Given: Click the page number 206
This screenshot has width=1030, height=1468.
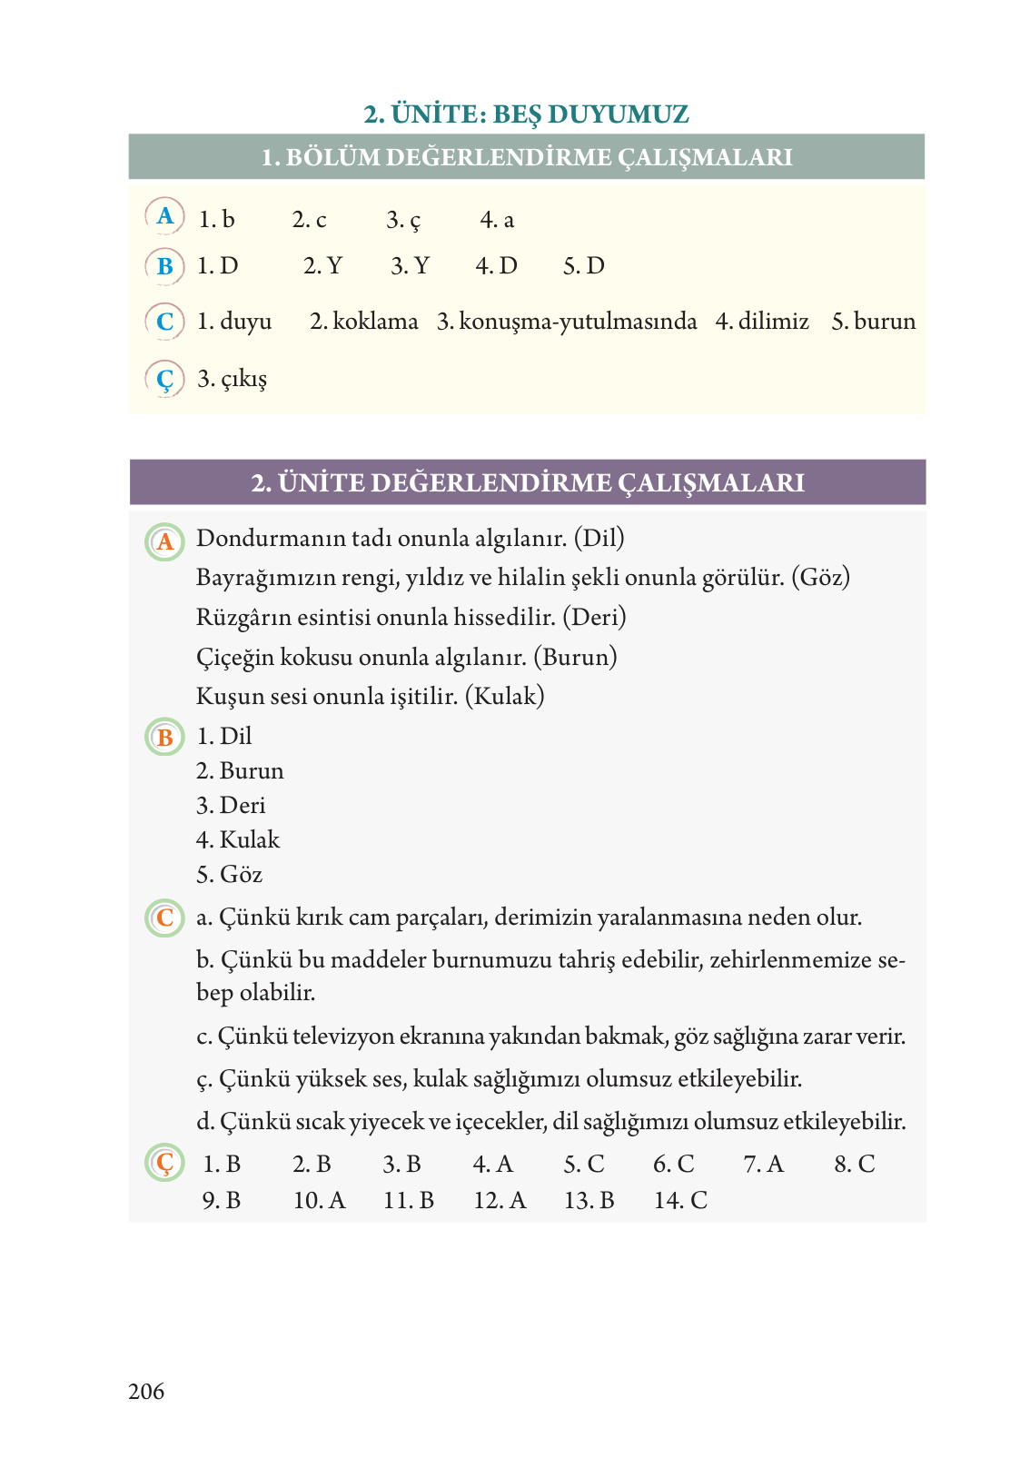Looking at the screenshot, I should point(146,1391).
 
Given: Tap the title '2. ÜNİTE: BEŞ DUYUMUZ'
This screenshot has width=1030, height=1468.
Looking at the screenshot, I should point(526,114).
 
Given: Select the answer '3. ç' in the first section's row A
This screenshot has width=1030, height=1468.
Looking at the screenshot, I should point(403,220).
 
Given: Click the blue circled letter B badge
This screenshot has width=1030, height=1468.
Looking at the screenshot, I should point(164,266).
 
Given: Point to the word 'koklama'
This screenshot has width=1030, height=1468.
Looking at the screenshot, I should point(375,322).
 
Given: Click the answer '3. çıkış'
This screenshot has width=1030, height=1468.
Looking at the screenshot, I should point(233,379).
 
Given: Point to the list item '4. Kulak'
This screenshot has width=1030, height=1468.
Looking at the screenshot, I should point(238,839).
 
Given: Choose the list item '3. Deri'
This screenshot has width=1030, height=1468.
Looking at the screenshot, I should point(232,805).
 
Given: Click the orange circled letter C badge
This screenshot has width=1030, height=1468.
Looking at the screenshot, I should point(164,917).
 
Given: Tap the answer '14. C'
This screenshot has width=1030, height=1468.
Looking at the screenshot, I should point(680,1200).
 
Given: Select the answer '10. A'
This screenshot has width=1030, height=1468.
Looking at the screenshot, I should point(319,1200).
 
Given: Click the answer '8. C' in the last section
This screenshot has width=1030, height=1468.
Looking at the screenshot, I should point(854,1164).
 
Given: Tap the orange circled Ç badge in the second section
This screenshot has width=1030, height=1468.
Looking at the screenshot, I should point(164,1163).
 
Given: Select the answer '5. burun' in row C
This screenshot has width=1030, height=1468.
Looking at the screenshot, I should point(874,322).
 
